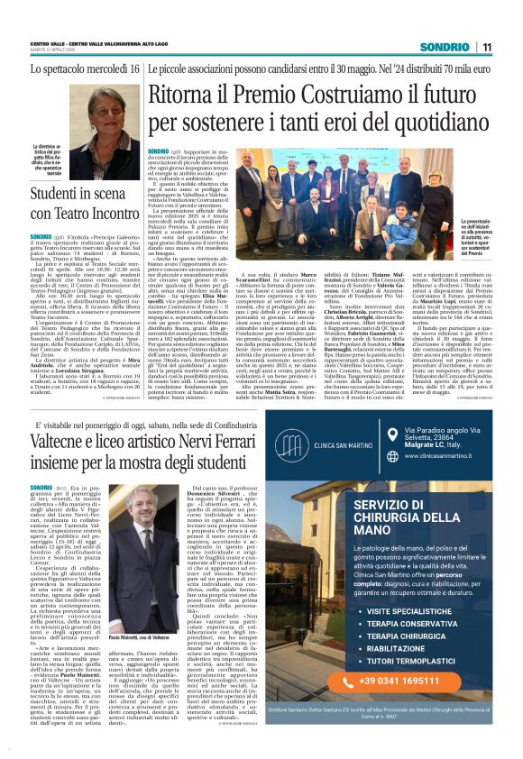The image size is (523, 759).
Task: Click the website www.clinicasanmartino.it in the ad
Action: click(x=430, y=481)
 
